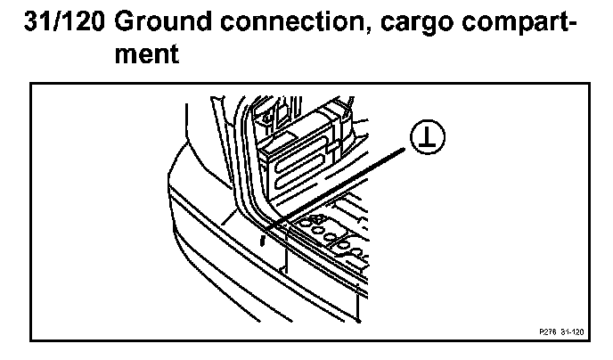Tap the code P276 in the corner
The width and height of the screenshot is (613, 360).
point(546,331)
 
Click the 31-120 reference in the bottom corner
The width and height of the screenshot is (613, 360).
point(572,331)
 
